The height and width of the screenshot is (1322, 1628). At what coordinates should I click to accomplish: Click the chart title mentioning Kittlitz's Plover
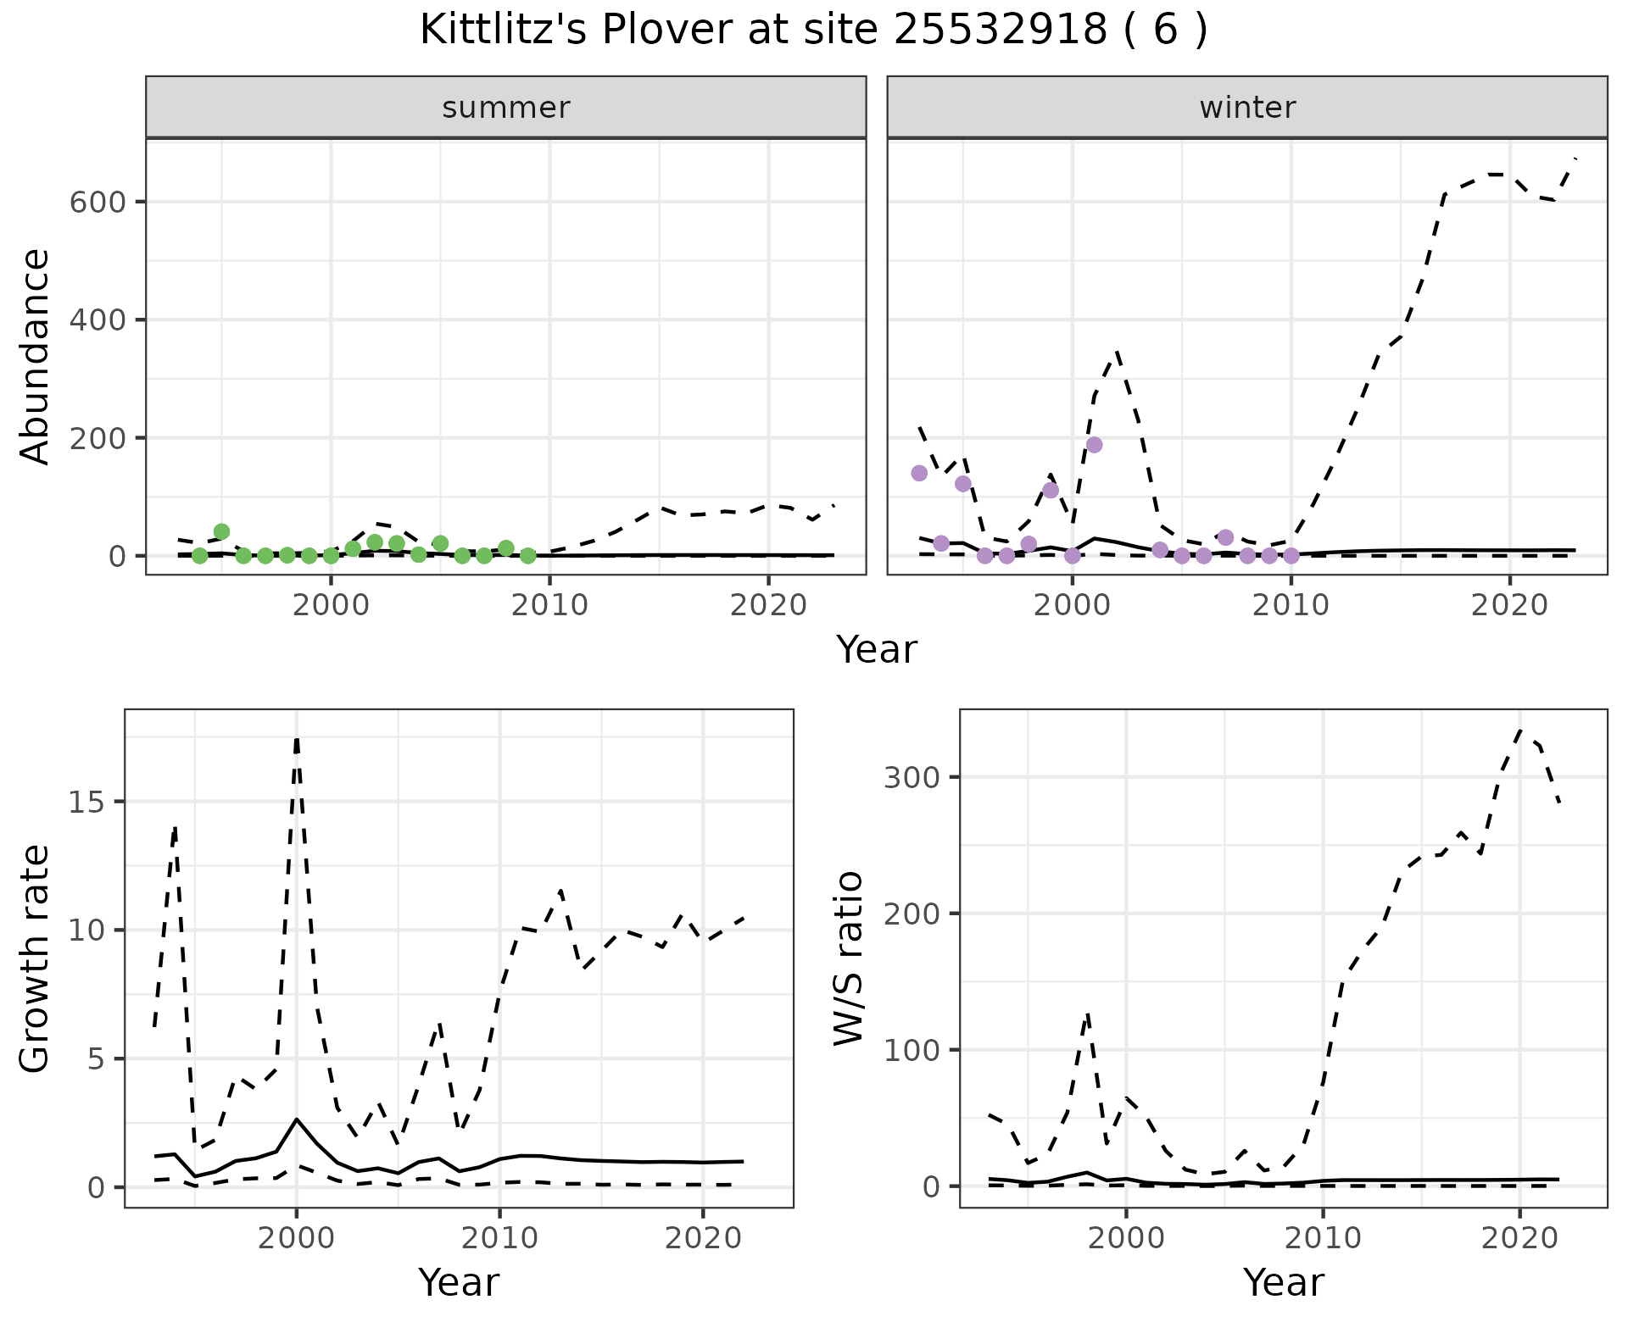(x=813, y=31)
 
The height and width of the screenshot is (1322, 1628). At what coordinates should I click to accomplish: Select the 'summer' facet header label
(x=506, y=108)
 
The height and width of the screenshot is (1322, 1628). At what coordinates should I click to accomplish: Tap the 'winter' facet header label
(x=1247, y=108)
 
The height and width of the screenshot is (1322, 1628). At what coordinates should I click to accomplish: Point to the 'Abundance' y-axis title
(x=36, y=357)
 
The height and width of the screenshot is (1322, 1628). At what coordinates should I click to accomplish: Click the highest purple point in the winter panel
(x=1094, y=445)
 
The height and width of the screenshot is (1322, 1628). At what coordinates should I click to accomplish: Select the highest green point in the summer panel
(x=222, y=532)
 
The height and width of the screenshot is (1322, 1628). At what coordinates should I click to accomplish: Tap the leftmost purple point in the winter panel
(x=919, y=473)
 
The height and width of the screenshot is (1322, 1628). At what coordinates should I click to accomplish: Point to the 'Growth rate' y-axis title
(x=36, y=959)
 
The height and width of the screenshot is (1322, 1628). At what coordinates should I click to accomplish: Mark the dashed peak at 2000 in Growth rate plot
(x=297, y=739)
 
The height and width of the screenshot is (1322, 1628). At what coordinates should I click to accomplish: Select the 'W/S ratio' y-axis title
(x=849, y=959)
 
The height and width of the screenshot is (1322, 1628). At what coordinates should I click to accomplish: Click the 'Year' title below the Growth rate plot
(x=459, y=1282)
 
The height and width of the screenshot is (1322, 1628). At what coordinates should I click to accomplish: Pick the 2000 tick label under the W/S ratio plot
(x=1125, y=1238)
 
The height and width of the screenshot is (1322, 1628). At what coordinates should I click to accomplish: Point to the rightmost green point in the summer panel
(x=527, y=556)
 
